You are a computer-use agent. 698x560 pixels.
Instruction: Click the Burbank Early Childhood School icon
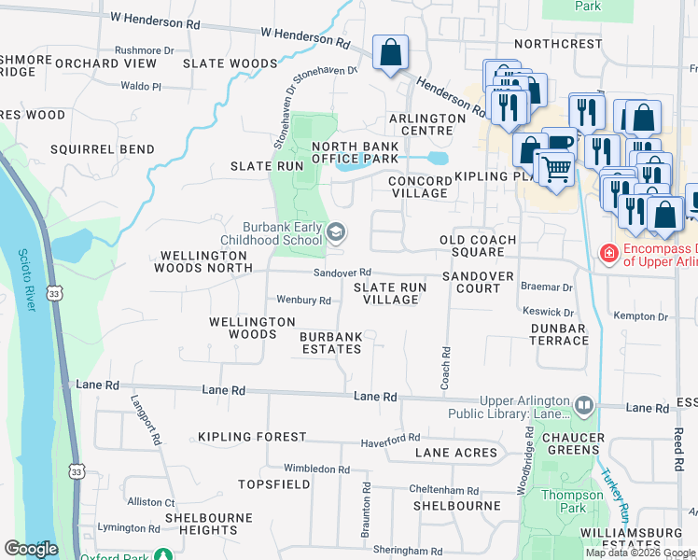(x=336, y=231)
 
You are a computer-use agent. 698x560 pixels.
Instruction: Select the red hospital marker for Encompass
(x=608, y=253)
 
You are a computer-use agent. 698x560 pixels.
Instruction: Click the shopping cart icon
(x=555, y=169)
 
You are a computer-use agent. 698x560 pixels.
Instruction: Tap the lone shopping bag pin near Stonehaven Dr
(x=390, y=53)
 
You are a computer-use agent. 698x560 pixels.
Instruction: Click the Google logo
(x=31, y=549)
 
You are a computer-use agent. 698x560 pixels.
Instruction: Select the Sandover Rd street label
(x=342, y=272)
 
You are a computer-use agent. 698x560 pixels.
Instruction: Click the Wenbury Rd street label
(x=304, y=301)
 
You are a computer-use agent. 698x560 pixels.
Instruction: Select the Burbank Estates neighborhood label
(x=330, y=342)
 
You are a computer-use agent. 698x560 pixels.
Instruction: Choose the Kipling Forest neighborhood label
(x=252, y=437)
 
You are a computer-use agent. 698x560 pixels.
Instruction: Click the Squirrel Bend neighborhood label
(x=103, y=149)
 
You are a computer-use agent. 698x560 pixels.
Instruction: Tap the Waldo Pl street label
(x=141, y=86)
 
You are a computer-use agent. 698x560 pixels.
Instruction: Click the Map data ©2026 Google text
(x=640, y=552)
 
